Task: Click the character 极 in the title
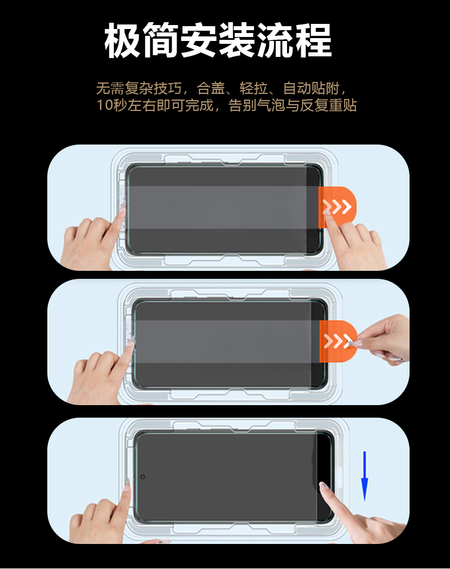point(122,40)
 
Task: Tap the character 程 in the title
point(313,40)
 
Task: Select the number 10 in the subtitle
point(104,105)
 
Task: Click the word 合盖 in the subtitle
point(211,88)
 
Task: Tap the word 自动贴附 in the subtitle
point(312,88)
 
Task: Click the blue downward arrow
point(365,476)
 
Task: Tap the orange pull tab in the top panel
point(337,207)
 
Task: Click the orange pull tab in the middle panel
point(338,341)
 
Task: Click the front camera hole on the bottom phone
point(143,476)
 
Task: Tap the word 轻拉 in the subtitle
point(253,88)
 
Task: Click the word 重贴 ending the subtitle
point(342,105)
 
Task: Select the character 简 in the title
point(161,40)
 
